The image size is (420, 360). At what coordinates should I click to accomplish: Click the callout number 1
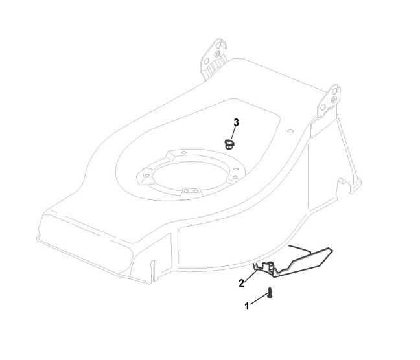pos(247,306)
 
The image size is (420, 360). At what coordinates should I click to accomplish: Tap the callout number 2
pos(241,282)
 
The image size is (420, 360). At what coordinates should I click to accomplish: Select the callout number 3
pos(236,122)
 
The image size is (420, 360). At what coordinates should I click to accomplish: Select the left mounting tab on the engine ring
pos(146,174)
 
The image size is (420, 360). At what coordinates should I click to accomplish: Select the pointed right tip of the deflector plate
pos(333,249)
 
